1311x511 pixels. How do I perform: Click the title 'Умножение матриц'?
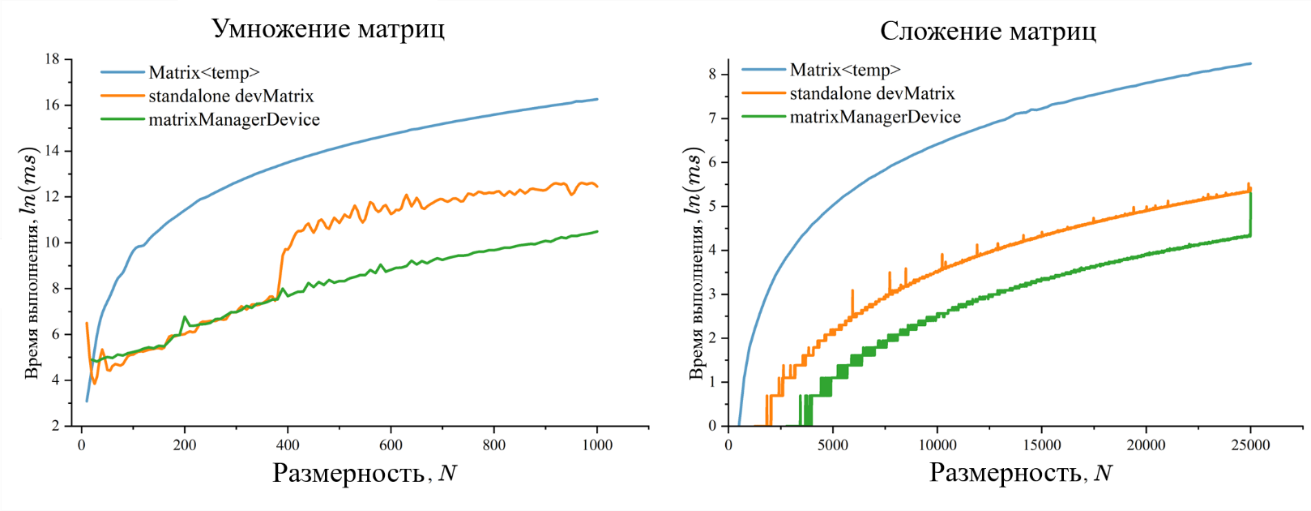327,28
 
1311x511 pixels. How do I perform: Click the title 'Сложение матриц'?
988,31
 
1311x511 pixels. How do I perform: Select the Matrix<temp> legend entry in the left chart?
203,73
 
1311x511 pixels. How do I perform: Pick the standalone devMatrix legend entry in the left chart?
230,97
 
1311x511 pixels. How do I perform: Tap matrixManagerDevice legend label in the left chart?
233,120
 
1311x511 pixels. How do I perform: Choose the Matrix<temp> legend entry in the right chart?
845,71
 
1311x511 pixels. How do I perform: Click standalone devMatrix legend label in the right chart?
872,94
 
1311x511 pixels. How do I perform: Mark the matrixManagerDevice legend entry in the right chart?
875,118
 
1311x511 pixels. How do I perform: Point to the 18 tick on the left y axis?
53,59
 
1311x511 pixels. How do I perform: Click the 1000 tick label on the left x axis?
597,445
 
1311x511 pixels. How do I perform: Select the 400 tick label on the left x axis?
288,445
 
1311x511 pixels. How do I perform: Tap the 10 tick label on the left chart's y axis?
53,243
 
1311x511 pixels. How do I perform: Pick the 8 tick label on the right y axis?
712,74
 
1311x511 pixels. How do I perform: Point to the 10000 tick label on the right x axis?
937,445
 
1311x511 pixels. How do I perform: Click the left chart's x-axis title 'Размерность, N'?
365,473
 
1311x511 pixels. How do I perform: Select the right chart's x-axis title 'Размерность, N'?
1020,473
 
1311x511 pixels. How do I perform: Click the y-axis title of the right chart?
694,264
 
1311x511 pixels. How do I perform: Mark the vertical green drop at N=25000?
1250,213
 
